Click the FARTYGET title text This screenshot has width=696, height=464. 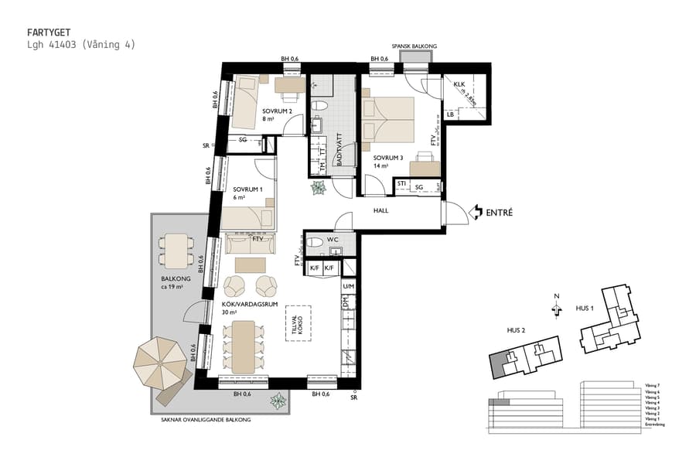point(49,32)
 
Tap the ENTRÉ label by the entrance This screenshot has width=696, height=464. point(499,212)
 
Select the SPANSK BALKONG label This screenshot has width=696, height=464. point(414,47)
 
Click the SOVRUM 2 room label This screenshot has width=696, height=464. point(276,113)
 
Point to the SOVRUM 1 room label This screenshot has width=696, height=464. point(248,190)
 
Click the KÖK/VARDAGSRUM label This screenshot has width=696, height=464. point(250,305)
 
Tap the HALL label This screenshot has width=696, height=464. point(380,210)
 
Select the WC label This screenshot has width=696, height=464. point(333,240)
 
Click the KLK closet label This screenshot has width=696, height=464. point(458,84)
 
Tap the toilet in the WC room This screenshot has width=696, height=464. point(316,243)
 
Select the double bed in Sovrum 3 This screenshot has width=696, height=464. point(388,120)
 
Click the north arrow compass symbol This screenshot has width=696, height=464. point(554,308)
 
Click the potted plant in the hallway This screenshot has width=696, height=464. point(319,188)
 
